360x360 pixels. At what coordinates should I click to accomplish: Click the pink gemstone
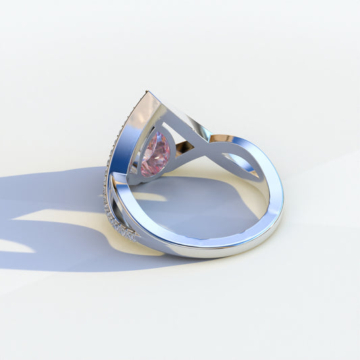point(155,154)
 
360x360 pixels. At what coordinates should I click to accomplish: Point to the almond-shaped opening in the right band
point(242,162)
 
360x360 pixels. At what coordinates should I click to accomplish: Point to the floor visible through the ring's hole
point(203,209)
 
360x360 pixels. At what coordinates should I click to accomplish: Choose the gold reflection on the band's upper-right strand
point(222,138)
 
